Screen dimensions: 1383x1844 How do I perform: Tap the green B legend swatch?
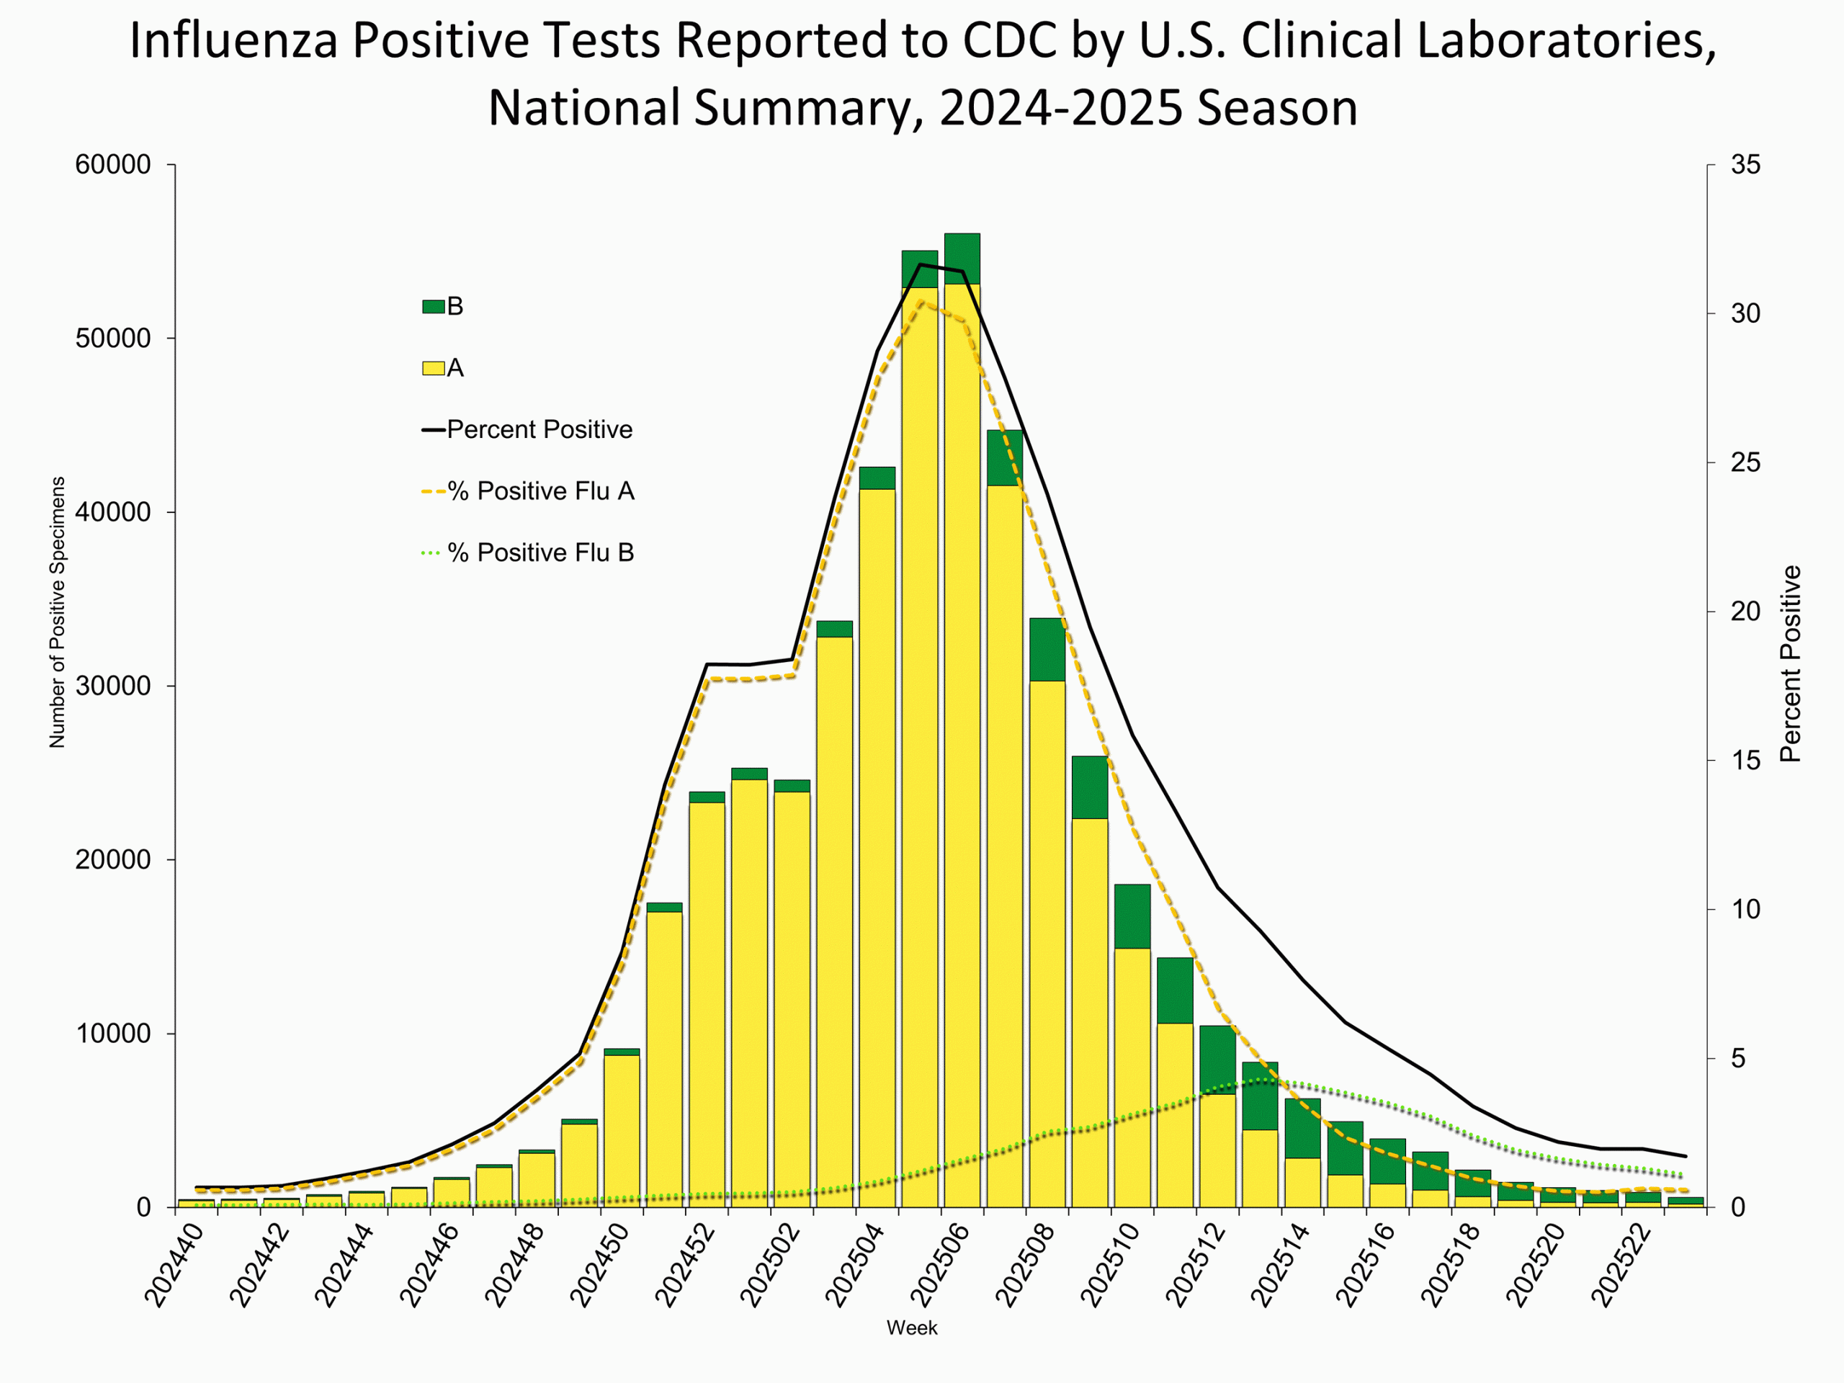point(434,306)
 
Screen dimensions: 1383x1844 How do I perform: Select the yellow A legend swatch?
point(434,367)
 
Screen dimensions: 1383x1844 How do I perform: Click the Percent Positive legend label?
point(539,429)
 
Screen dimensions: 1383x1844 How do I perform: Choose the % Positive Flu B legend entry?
point(540,552)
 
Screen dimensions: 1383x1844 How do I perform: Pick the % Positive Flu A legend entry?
point(540,491)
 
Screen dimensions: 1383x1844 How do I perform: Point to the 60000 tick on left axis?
point(112,165)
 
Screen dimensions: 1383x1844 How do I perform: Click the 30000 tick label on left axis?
point(112,686)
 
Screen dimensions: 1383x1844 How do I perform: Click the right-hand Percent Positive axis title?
point(1791,663)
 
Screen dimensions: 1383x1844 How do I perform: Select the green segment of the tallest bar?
point(962,259)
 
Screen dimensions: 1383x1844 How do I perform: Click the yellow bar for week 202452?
point(706,1001)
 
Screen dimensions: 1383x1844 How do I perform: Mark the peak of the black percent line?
point(920,264)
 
